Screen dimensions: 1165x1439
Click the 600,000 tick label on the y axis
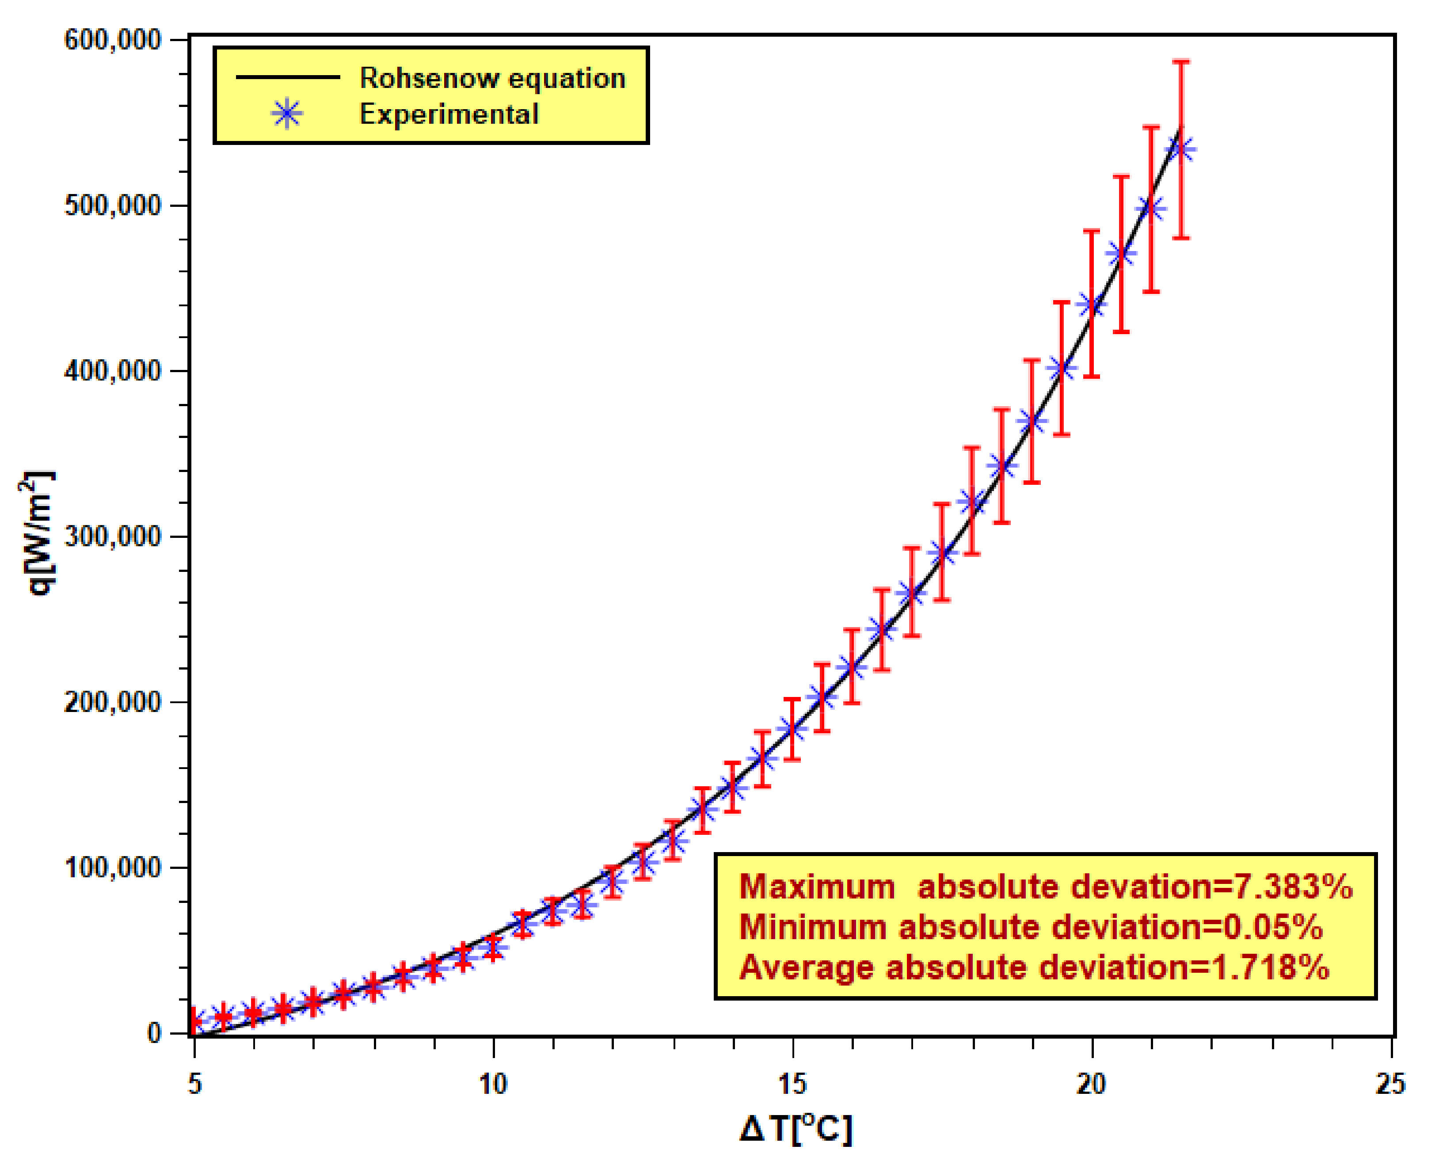(113, 40)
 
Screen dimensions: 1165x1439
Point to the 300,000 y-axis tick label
(113, 537)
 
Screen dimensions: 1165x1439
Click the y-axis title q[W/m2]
(38, 533)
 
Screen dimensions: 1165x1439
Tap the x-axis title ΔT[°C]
(796, 1129)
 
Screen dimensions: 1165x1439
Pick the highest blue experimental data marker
(1181, 149)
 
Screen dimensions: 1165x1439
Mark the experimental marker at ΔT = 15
(793, 729)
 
